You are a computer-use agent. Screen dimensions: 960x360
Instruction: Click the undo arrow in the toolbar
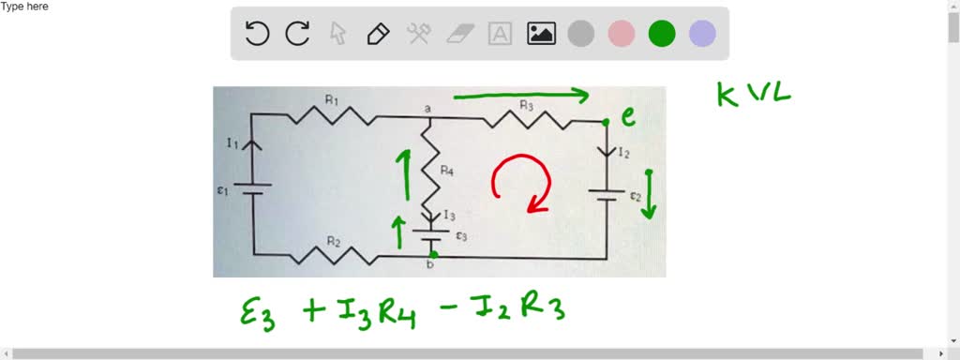pyautogui.click(x=257, y=34)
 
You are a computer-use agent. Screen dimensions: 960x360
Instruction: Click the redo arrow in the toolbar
pyautogui.click(x=298, y=34)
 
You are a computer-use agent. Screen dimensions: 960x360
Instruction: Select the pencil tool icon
pyautogui.click(x=378, y=34)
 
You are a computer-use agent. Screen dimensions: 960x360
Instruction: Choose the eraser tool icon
pyautogui.click(x=458, y=34)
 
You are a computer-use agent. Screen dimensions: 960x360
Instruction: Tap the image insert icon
pyautogui.click(x=541, y=34)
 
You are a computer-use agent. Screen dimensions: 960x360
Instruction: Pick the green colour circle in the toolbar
pyautogui.click(x=662, y=34)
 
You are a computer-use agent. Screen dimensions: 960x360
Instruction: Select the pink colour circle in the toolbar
pyautogui.click(x=622, y=34)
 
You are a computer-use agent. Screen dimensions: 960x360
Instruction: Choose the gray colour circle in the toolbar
pyautogui.click(x=581, y=34)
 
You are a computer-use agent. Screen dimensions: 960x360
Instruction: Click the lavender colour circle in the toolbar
pyautogui.click(x=702, y=34)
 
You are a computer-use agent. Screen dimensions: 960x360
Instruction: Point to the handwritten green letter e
pyautogui.click(x=628, y=116)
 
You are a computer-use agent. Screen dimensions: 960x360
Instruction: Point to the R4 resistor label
pyautogui.click(x=450, y=172)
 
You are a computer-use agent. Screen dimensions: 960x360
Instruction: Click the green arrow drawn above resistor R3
pyautogui.click(x=520, y=95)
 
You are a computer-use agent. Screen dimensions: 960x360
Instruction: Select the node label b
pyautogui.click(x=431, y=266)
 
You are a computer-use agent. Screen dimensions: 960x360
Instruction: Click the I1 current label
pyautogui.click(x=232, y=142)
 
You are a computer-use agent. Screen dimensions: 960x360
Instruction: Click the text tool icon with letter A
pyautogui.click(x=501, y=34)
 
